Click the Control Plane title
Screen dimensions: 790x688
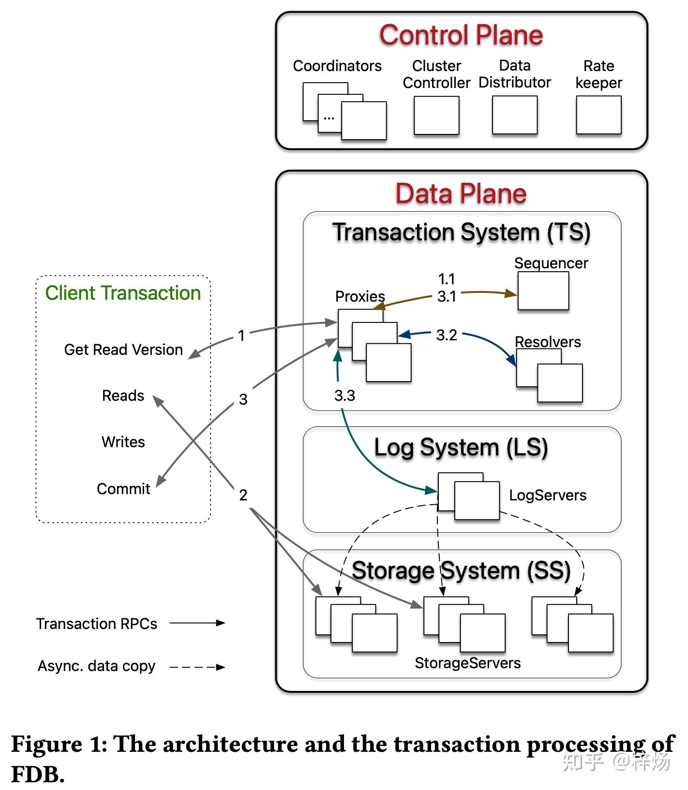pos(461,35)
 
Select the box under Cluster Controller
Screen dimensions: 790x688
pos(436,115)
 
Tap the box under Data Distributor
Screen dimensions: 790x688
pos(514,115)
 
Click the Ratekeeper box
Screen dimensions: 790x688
pos(598,115)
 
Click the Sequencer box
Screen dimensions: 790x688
pos(543,291)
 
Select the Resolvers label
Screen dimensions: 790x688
pos(548,342)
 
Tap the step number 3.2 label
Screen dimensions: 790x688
pos(446,335)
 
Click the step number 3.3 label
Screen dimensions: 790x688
pos(344,395)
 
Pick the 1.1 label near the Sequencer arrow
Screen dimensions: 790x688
pos(446,279)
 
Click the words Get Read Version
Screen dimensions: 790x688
pos(123,350)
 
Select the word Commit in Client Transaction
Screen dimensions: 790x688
pos(123,489)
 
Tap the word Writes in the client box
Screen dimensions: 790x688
pos(123,442)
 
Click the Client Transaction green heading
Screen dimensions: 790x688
pos(123,293)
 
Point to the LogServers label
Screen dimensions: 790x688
pos(548,495)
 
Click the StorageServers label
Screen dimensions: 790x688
pos(467,663)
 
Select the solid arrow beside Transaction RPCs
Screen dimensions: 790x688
pos(197,623)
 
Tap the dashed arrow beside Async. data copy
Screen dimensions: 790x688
pos(197,667)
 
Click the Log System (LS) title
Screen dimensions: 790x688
pos(461,448)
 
